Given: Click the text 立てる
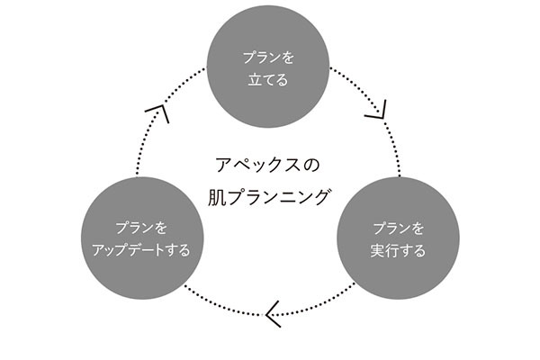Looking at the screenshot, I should tap(268, 80).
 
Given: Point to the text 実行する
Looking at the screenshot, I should tap(398, 249).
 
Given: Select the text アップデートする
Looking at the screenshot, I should tap(141, 249).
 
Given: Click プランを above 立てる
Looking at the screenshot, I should tap(268, 57).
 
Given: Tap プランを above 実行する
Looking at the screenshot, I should tap(398, 227).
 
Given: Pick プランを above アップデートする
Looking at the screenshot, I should tap(141, 227).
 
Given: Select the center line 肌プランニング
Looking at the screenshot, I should tap(268, 194).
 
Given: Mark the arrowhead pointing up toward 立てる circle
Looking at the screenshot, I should tap(158, 112).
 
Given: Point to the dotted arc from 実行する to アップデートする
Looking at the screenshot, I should tap(315, 306).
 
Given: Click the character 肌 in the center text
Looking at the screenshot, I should tap(217, 194).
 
